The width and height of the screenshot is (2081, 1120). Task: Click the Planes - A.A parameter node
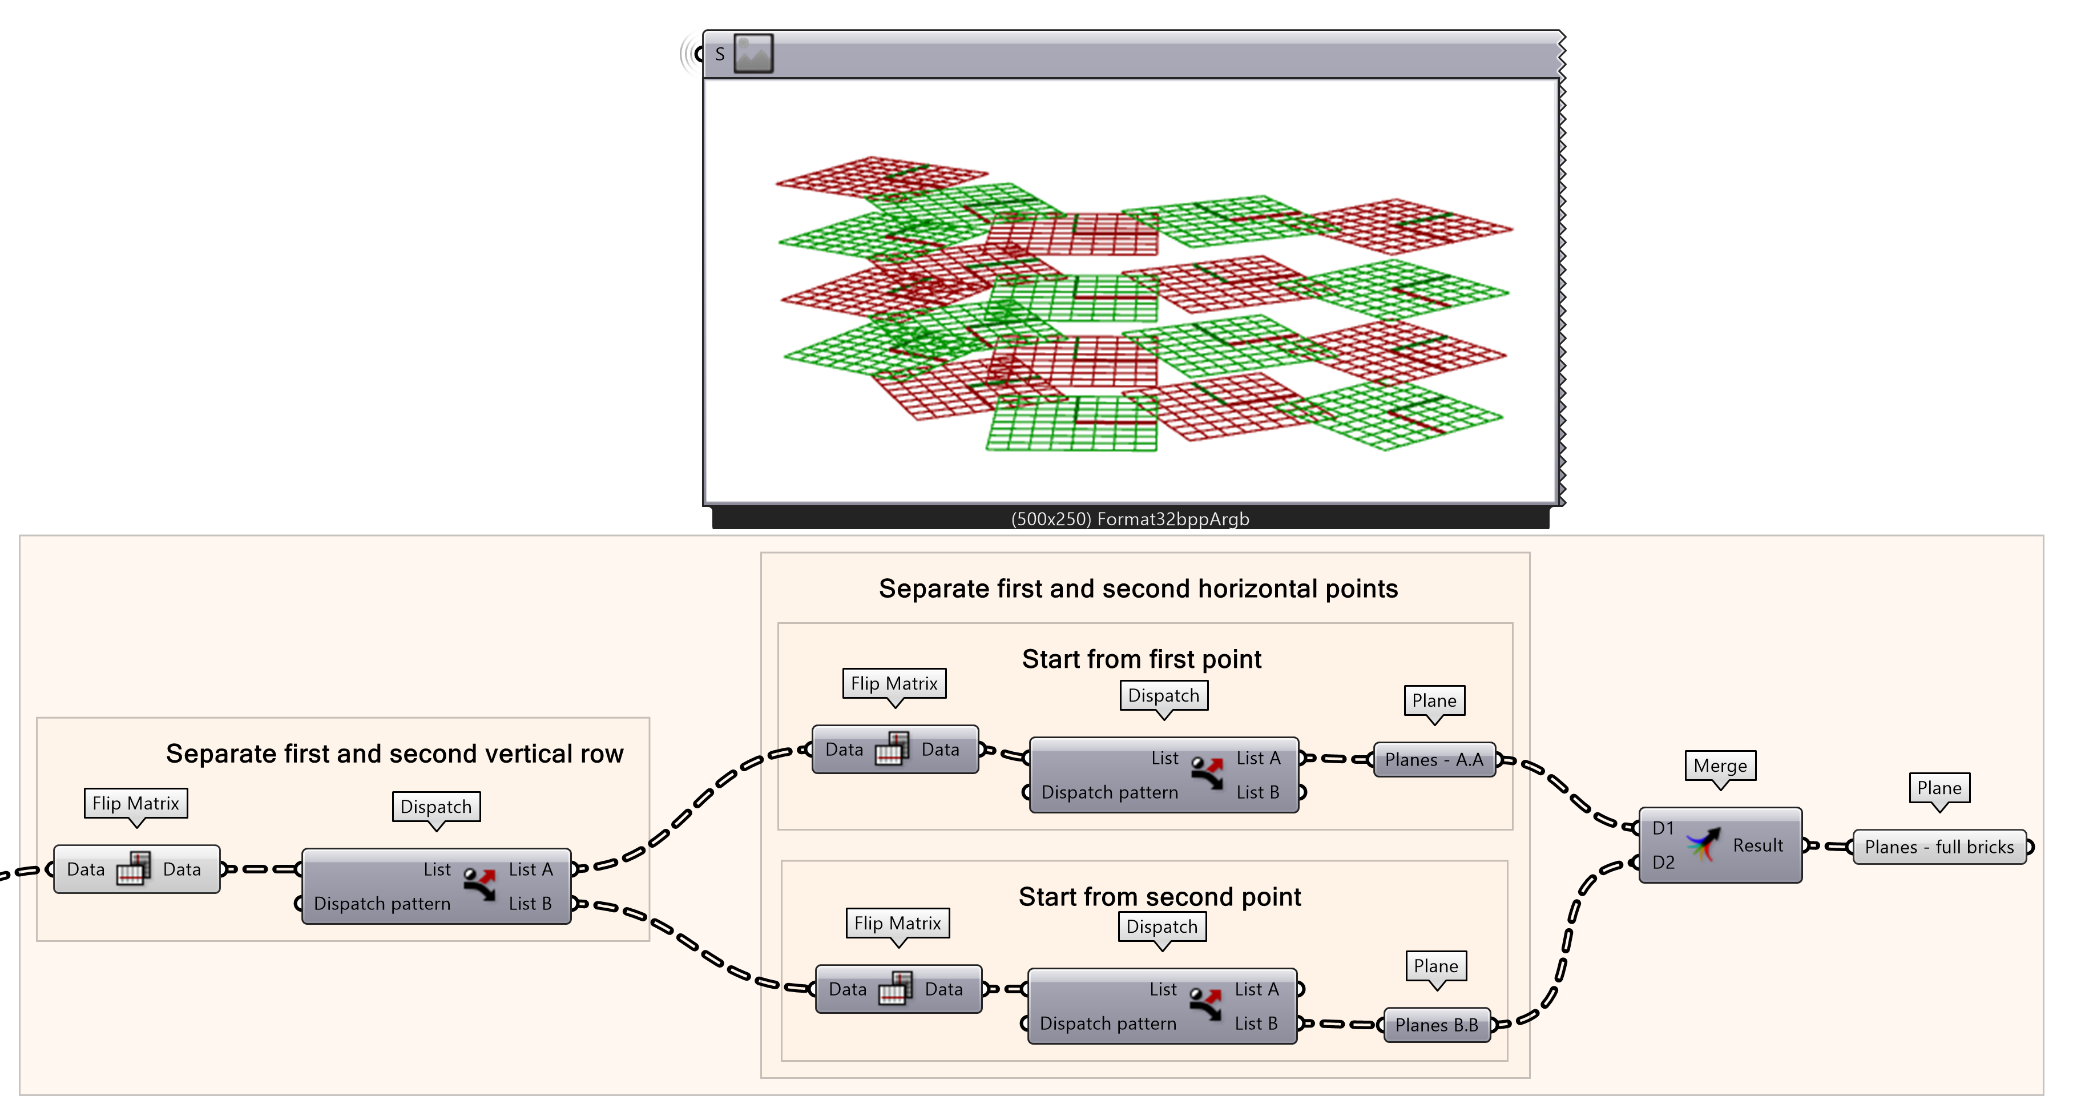click(x=1434, y=760)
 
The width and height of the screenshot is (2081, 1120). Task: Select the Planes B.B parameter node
click(x=1437, y=1025)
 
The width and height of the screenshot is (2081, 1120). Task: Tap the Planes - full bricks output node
click(x=1939, y=847)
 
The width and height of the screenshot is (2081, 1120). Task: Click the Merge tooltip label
click(x=1720, y=766)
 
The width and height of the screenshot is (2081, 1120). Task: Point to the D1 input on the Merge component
click(x=1663, y=828)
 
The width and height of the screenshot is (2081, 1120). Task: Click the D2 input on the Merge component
click(x=1663, y=862)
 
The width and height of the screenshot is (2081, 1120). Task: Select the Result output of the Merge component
click(x=1757, y=845)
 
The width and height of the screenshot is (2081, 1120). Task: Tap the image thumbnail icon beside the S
click(x=753, y=54)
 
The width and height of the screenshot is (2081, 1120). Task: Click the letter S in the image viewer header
click(x=720, y=54)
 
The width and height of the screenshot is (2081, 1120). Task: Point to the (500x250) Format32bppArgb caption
click(x=1130, y=519)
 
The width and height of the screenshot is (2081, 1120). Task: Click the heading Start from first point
click(x=1141, y=659)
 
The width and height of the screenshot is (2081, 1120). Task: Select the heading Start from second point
click(x=1159, y=897)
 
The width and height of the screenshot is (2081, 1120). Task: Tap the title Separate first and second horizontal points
click(x=1138, y=589)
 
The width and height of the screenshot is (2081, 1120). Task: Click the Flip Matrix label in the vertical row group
click(x=136, y=803)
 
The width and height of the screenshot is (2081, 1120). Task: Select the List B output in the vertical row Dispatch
click(x=530, y=904)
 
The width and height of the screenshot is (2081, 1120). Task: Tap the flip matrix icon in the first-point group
click(x=892, y=749)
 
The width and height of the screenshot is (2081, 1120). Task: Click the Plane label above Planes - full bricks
click(x=1939, y=788)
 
